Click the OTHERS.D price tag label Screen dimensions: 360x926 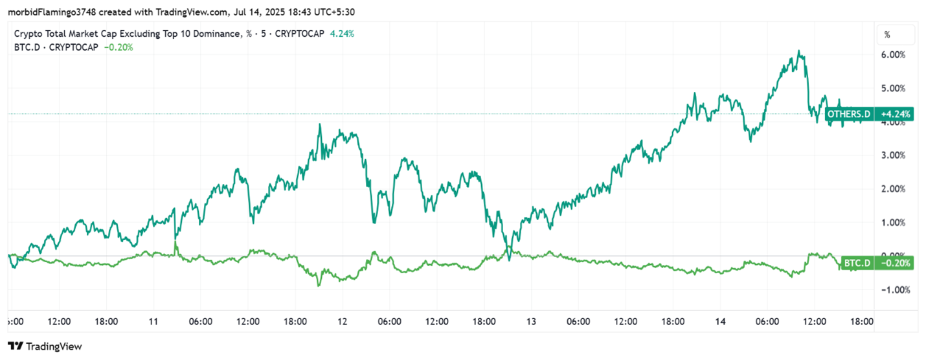849,115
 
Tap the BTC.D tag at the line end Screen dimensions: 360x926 856,263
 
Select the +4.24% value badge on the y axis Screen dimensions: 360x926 896,115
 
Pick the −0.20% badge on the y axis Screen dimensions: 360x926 896,263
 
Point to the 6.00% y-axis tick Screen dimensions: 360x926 894,55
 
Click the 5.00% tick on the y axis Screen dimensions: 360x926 894,88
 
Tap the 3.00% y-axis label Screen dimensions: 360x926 894,155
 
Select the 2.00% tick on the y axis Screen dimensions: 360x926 894,189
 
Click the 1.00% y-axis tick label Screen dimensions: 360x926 894,223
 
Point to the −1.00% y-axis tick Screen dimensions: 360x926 894,290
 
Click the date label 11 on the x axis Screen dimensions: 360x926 153,321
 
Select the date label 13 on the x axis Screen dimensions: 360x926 531,321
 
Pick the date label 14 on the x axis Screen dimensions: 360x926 719,321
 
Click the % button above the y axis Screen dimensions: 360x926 887,34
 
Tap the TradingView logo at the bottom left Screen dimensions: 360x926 45,346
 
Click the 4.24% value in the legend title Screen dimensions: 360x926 342,34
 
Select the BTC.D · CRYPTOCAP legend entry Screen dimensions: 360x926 56,47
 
